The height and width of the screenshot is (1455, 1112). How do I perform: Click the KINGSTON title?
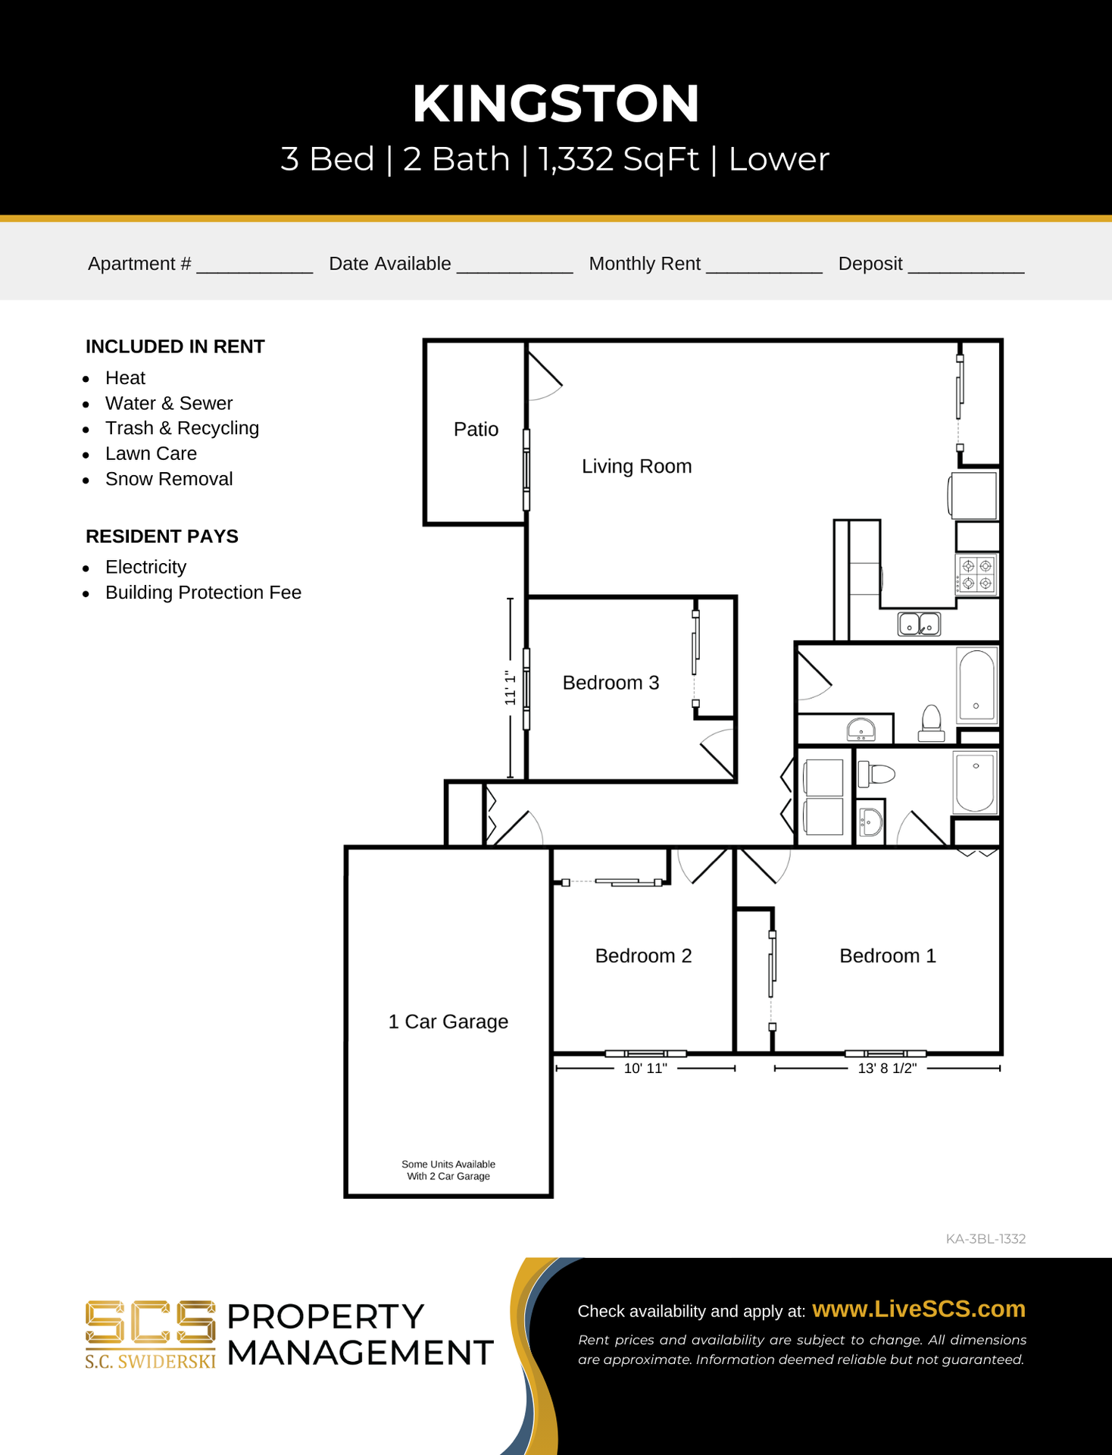pyautogui.click(x=555, y=104)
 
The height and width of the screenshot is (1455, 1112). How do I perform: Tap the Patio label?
pyautogui.click(x=476, y=429)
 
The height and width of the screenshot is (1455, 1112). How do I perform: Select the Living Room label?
pyautogui.click(x=636, y=467)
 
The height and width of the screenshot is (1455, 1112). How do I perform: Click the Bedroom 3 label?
pyautogui.click(x=611, y=683)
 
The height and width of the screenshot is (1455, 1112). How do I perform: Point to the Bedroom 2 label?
pyautogui.click(x=643, y=956)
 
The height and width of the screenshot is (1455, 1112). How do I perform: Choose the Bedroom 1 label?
pyautogui.click(x=888, y=956)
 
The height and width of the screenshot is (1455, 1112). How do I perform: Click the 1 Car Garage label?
pyautogui.click(x=448, y=1022)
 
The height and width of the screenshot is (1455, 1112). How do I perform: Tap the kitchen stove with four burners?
pyautogui.click(x=976, y=574)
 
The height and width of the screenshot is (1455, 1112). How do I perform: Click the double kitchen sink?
pyautogui.click(x=919, y=624)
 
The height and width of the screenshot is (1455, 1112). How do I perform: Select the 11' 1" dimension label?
pyautogui.click(x=510, y=688)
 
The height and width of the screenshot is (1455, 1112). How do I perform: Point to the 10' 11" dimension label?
pyautogui.click(x=645, y=1069)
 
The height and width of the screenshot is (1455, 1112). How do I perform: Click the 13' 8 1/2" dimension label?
pyautogui.click(x=887, y=1069)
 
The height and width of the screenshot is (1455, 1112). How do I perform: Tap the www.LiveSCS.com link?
pyautogui.click(x=919, y=1309)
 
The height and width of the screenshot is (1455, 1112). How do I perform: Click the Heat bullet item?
pyautogui.click(x=125, y=377)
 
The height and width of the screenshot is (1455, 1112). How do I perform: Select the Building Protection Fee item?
pyautogui.click(x=203, y=593)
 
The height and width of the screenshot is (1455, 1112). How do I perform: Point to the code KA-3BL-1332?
pyautogui.click(x=985, y=1239)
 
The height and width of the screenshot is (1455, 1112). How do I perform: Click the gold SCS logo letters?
pyautogui.click(x=150, y=1322)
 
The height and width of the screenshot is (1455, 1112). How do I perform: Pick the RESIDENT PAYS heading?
pyautogui.click(x=162, y=537)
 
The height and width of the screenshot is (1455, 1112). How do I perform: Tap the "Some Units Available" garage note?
pyautogui.click(x=448, y=1164)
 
